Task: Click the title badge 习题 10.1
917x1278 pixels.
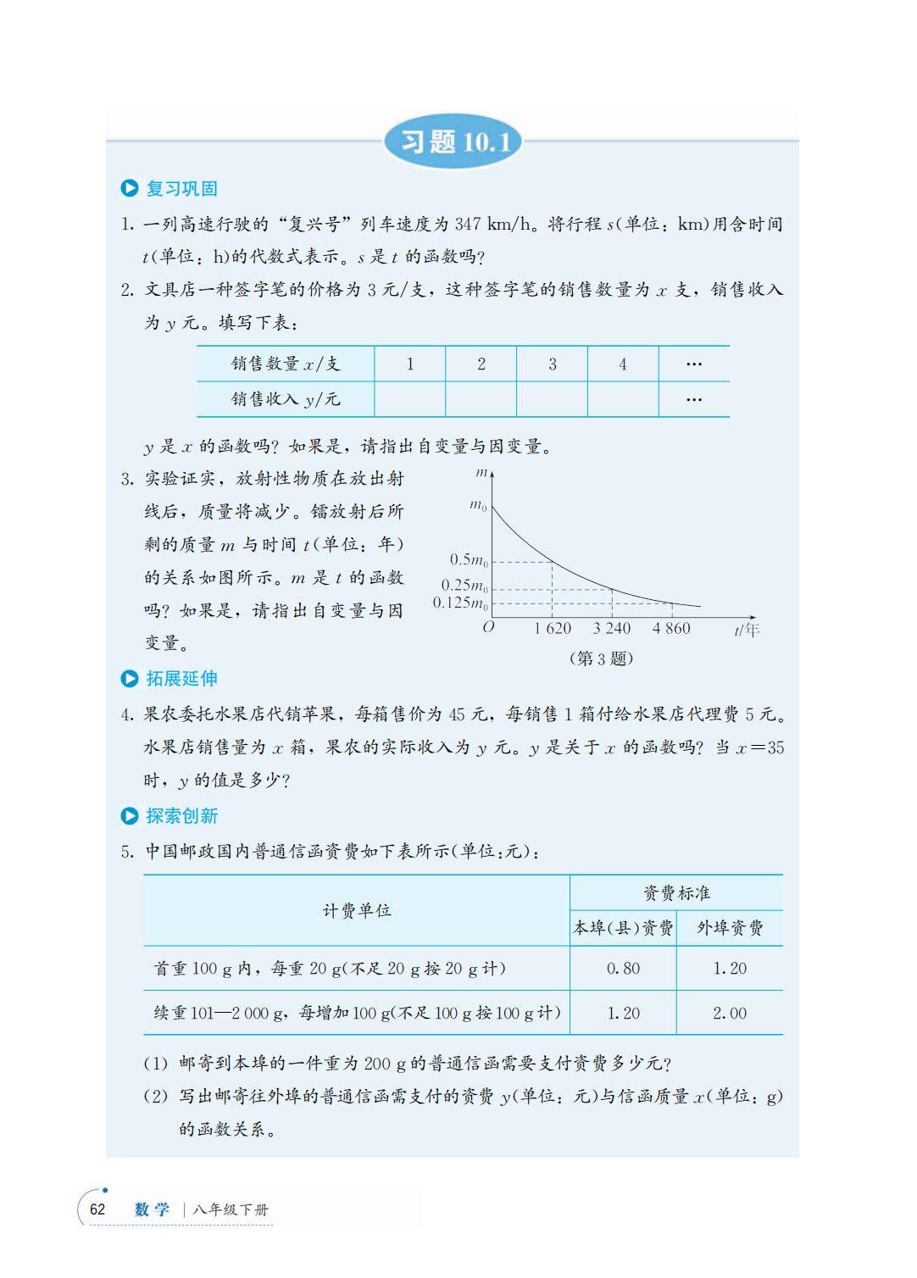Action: pyautogui.click(x=453, y=142)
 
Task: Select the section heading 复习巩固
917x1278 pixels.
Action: pyautogui.click(x=181, y=188)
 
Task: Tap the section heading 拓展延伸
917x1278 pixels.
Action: pyautogui.click(x=181, y=678)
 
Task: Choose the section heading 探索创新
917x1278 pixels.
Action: pyautogui.click(x=181, y=815)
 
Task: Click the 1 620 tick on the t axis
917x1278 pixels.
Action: pyautogui.click(x=553, y=628)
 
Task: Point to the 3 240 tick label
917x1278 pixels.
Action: pyautogui.click(x=611, y=628)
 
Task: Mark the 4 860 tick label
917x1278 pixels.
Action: pyautogui.click(x=671, y=628)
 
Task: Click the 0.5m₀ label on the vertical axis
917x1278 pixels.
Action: pyautogui.click(x=468, y=559)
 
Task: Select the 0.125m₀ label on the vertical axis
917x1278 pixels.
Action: pyautogui.click(x=460, y=603)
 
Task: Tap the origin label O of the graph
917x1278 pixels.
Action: pyautogui.click(x=488, y=628)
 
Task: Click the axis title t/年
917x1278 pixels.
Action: pyautogui.click(x=747, y=630)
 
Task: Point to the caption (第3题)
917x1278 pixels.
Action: pyautogui.click(x=601, y=658)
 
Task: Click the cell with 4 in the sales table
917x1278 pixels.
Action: pyautogui.click(x=623, y=364)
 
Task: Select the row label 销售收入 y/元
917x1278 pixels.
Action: pyautogui.click(x=286, y=399)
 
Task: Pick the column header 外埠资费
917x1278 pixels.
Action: pyautogui.click(x=730, y=928)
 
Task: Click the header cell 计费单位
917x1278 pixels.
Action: pyautogui.click(x=357, y=910)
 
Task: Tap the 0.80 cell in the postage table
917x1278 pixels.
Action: pyautogui.click(x=623, y=968)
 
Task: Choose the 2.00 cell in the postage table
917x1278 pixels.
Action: pyautogui.click(x=730, y=1013)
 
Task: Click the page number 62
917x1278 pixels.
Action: pyautogui.click(x=97, y=1209)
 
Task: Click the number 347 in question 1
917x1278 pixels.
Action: pyautogui.click(x=468, y=225)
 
